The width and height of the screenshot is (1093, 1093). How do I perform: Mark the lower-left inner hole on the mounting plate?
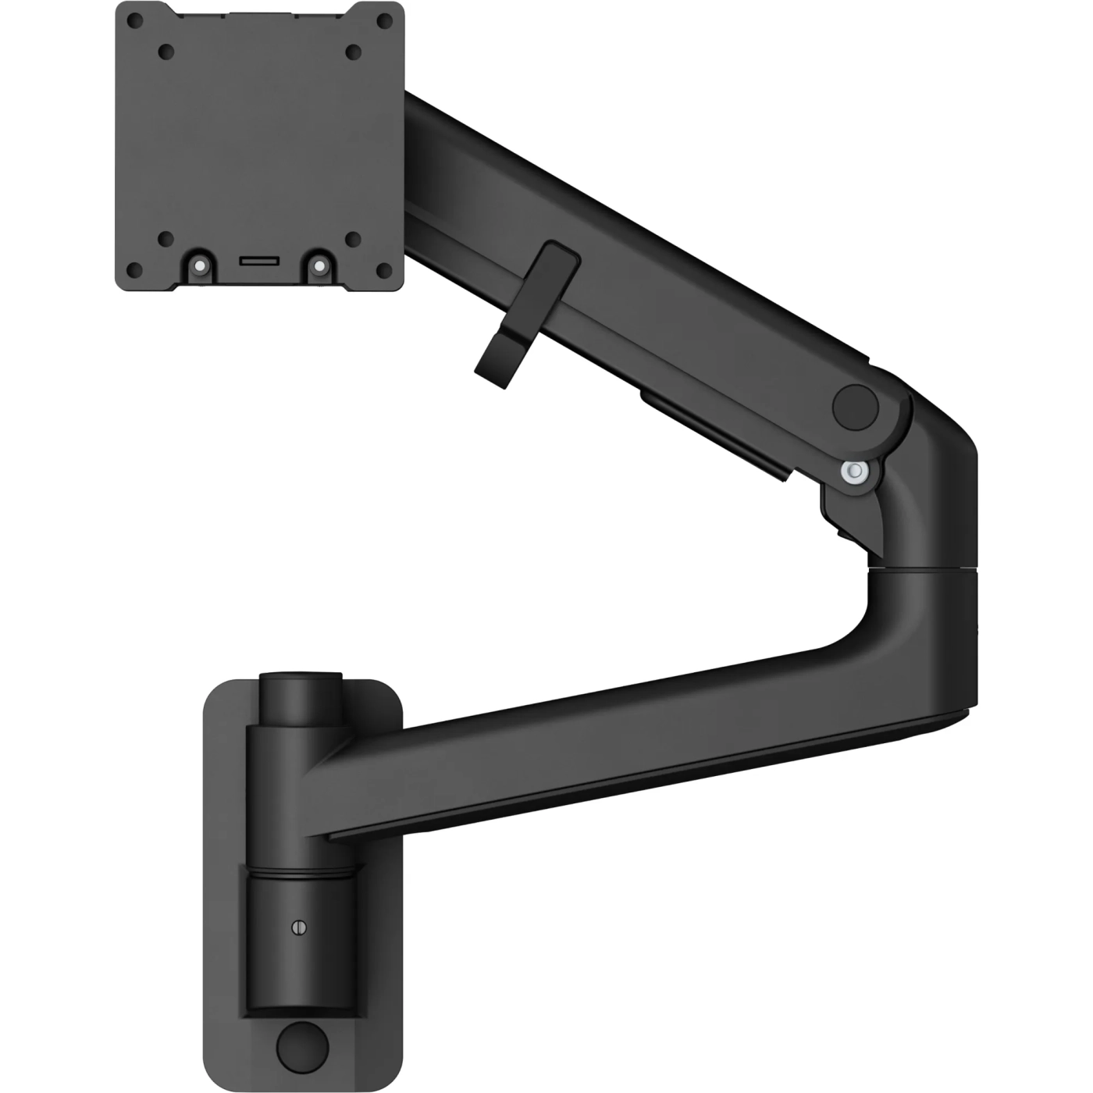tap(165, 239)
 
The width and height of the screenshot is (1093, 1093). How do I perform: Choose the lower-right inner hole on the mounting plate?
tap(353, 239)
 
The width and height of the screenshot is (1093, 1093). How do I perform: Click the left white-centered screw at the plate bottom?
tap(201, 265)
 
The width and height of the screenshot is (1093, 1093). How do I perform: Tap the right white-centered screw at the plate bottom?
tap(319, 265)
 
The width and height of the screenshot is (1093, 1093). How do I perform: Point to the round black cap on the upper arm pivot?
tap(856, 404)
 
